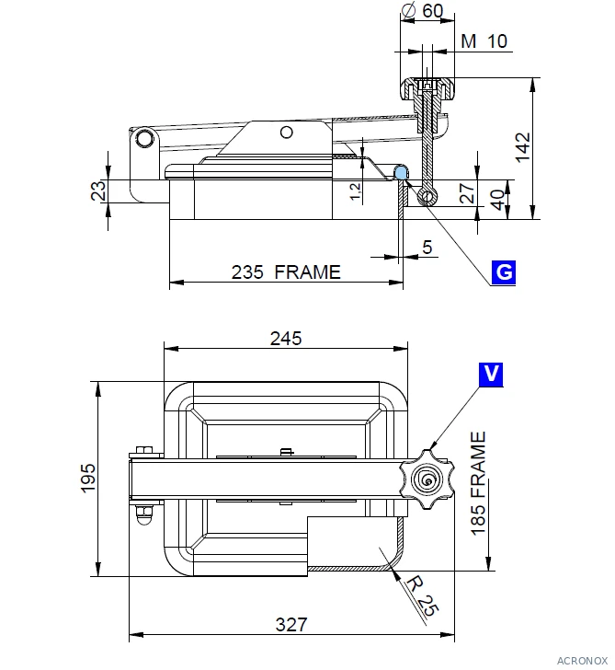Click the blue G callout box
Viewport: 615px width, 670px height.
coord(504,272)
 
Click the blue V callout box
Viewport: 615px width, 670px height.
coord(491,375)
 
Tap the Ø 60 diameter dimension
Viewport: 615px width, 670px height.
coord(423,10)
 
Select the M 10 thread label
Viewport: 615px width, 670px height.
coord(484,41)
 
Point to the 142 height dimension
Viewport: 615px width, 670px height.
coord(522,147)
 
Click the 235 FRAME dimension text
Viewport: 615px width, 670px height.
coord(286,272)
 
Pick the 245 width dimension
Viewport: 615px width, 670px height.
coord(286,339)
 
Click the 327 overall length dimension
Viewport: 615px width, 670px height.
coord(291,624)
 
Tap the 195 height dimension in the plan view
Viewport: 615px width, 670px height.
coord(88,479)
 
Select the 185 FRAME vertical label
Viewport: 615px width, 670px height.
coord(478,483)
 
